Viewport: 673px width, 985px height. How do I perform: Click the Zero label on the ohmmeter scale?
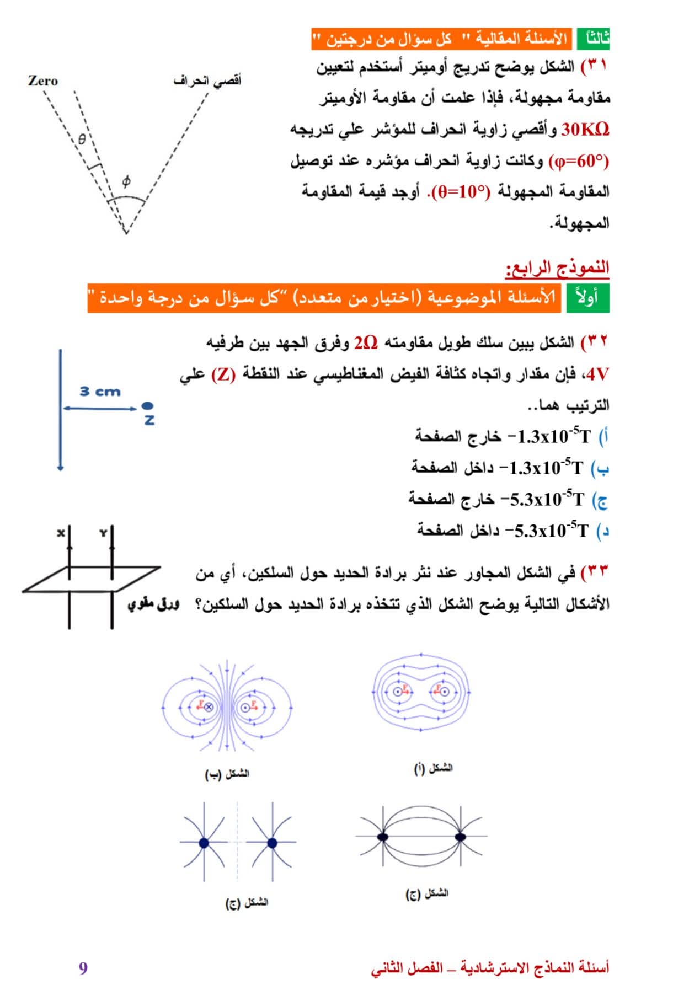43,81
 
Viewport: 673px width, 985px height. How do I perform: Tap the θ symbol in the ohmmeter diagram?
82,140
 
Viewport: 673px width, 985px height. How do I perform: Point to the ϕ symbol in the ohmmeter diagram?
126,181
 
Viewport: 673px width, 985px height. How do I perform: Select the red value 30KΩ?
585,130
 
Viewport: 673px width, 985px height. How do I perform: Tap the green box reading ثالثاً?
594,39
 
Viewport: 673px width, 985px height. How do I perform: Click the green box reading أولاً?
587,298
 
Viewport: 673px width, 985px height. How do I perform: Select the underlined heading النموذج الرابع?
557,268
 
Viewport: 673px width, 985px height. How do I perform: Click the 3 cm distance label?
100,392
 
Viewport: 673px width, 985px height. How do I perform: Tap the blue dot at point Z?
147,406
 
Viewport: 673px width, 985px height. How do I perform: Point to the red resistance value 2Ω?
366,342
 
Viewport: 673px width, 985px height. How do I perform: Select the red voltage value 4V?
597,374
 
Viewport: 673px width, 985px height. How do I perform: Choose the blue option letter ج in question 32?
601,500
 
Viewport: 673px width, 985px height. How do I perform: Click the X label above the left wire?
61,533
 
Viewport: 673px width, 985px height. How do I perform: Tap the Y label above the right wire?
103,533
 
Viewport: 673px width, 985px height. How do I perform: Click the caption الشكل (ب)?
227,774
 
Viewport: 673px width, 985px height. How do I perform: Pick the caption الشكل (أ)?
433,768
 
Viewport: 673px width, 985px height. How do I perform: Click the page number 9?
83,968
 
